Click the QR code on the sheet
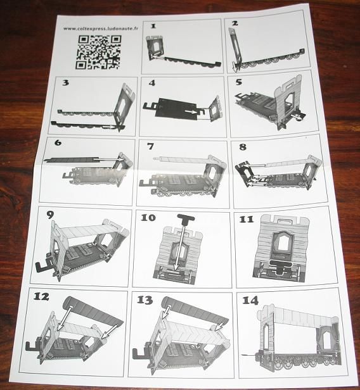[x=98, y=52]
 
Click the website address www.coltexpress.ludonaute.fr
[x=101, y=28]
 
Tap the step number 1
[x=153, y=26]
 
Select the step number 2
[x=235, y=23]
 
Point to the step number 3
[x=65, y=82]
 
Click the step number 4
[x=152, y=83]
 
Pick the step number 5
[x=239, y=82]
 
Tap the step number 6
[x=58, y=142]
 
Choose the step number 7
[x=150, y=146]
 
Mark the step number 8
[x=243, y=147]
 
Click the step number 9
[x=50, y=215]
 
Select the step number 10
[x=148, y=218]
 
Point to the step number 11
[x=246, y=219]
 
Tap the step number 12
[x=41, y=296]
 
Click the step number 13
[x=145, y=300]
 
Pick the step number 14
[x=250, y=301]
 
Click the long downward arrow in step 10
[x=180, y=248]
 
